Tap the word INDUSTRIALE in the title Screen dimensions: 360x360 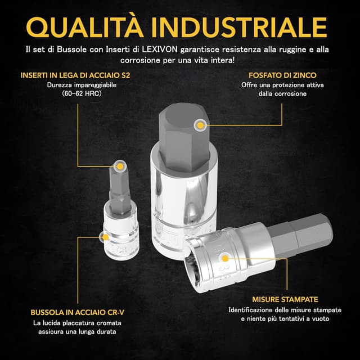tap(238, 27)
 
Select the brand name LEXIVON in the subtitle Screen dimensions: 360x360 tap(160, 49)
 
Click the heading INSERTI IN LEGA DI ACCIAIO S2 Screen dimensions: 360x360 tap(75, 75)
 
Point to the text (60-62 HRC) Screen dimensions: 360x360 tap(82, 94)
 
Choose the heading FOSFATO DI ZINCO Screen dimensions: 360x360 tap(282, 75)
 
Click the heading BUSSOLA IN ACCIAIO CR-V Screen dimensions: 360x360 tap(78, 312)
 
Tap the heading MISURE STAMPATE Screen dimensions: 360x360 tap(285, 299)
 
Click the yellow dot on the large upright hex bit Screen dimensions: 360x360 tap(200, 125)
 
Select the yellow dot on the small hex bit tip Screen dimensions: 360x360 tap(120, 166)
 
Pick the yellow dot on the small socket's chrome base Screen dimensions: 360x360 tap(105, 237)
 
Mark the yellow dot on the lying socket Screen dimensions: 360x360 tap(225, 259)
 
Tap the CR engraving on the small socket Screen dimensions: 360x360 tap(124, 249)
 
